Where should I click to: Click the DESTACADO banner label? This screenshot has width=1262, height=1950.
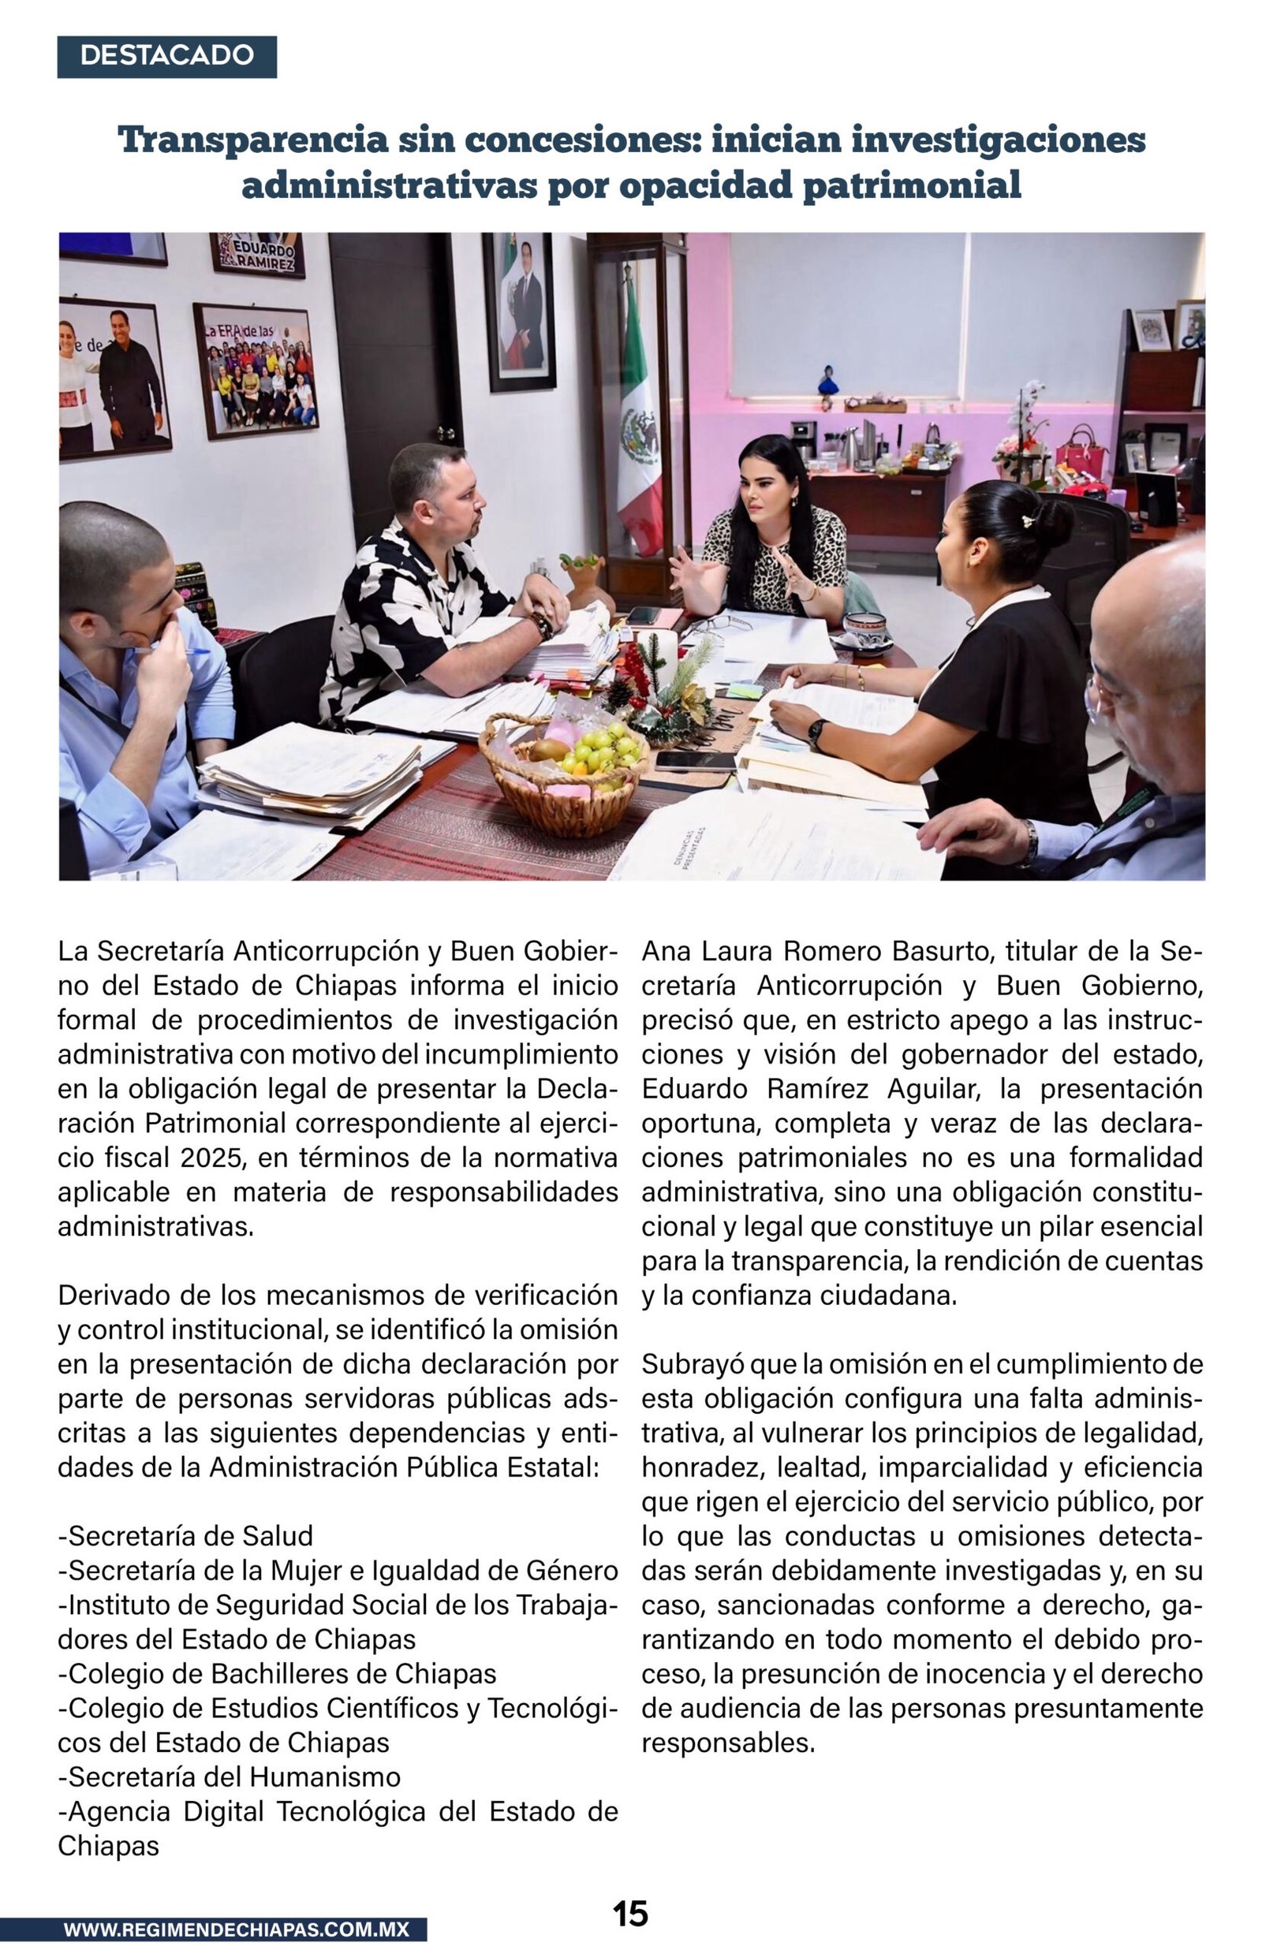tap(166, 56)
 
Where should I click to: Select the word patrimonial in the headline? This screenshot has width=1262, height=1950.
tap(911, 185)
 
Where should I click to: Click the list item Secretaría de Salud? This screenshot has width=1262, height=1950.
tap(186, 1535)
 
